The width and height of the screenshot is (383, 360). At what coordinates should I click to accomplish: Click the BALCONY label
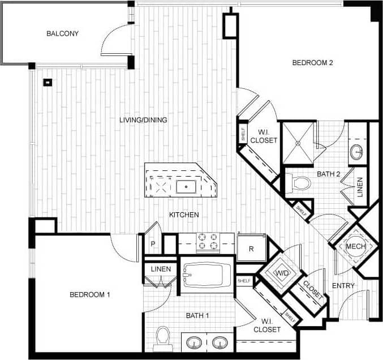pyautogui.click(x=62, y=33)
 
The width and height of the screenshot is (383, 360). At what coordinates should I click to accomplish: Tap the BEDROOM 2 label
pyautogui.click(x=312, y=63)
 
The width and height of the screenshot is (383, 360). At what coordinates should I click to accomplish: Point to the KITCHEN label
pyautogui.click(x=184, y=215)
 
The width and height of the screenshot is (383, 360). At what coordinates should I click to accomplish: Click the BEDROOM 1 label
pyautogui.click(x=89, y=294)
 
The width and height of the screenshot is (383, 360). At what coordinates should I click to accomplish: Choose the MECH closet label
pyautogui.click(x=355, y=246)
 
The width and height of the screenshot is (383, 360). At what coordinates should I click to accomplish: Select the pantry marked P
pyautogui.click(x=153, y=244)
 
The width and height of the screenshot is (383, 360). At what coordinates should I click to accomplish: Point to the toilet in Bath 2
pyautogui.click(x=300, y=183)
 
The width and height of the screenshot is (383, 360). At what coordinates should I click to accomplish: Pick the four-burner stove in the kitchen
pyautogui.click(x=207, y=242)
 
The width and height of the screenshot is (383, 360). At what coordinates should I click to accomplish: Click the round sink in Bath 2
pyautogui.click(x=357, y=152)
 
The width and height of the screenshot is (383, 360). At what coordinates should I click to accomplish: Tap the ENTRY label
pyautogui.click(x=343, y=286)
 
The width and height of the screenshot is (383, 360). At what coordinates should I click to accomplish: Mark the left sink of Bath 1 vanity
pyautogui.click(x=195, y=342)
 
